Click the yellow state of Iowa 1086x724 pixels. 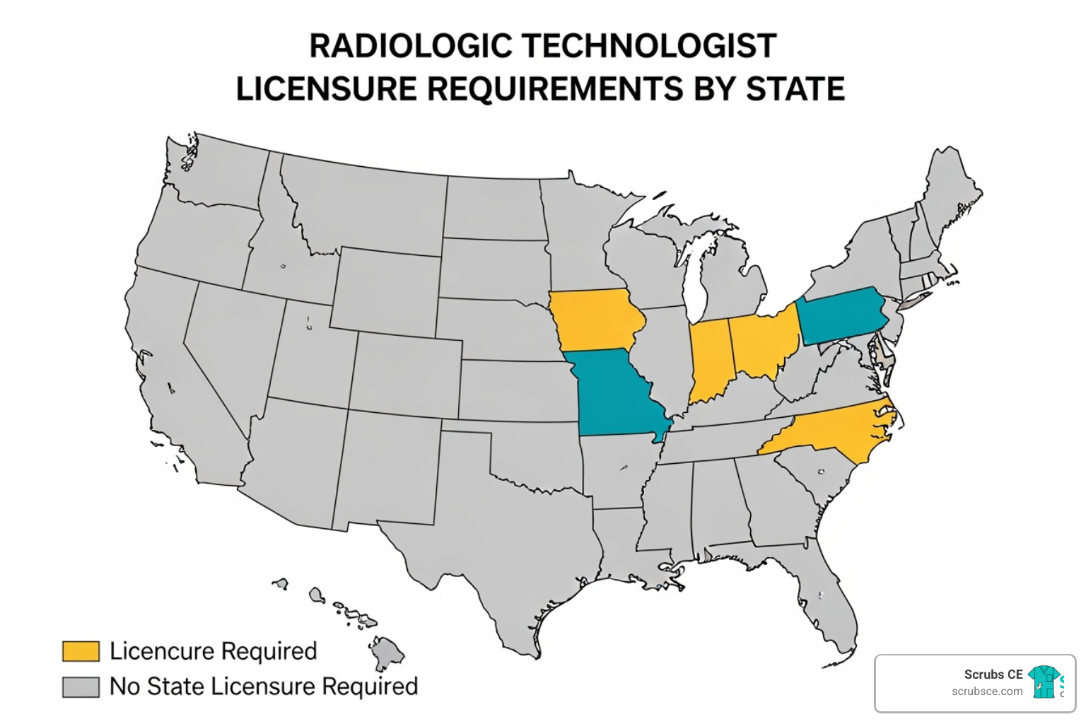[x=595, y=320]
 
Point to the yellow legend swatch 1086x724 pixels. [x=81, y=651]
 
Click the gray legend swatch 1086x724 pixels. [x=81, y=687]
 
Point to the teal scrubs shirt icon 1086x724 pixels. [x=1044, y=682]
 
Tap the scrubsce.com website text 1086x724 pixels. [x=987, y=691]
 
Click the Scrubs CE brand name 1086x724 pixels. [x=993, y=675]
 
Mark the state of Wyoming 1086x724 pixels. [x=386, y=290]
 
